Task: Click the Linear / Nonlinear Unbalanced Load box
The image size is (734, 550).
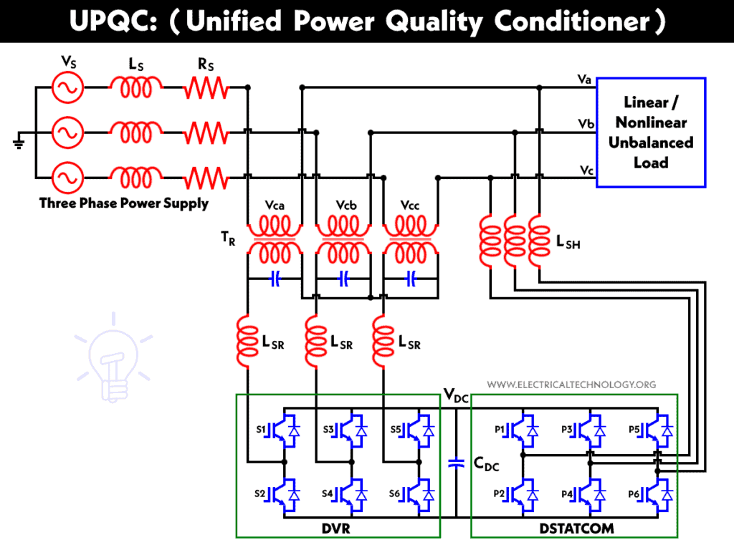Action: tap(651, 132)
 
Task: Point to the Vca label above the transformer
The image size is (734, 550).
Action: tap(275, 206)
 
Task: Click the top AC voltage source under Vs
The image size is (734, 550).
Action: tap(69, 88)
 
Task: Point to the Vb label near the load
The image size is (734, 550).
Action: tap(586, 124)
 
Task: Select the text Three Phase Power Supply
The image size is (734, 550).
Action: tap(124, 203)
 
